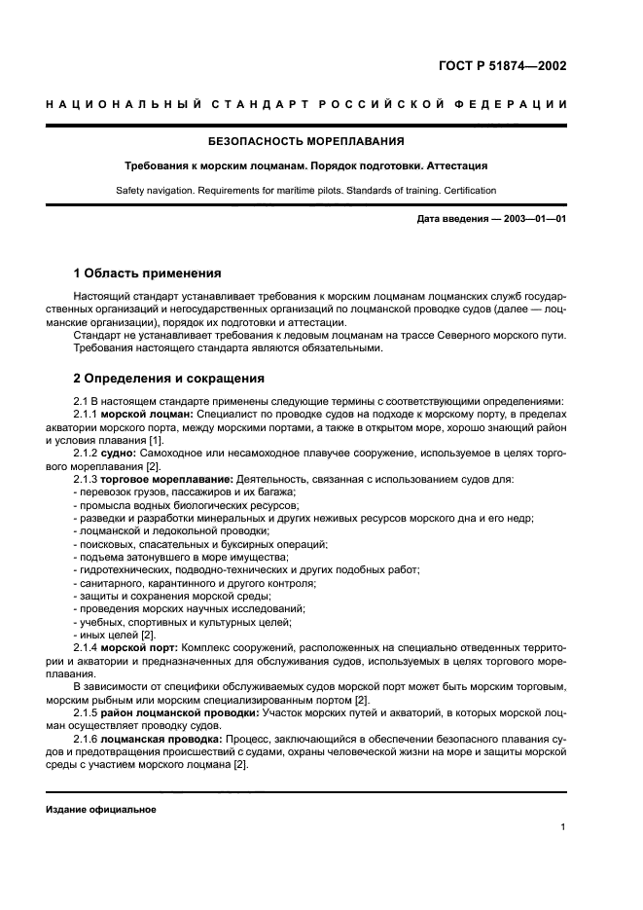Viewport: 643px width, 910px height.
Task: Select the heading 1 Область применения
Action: click(148, 273)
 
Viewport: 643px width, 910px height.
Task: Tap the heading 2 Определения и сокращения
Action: click(169, 379)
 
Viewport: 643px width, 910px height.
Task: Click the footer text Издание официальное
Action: click(101, 809)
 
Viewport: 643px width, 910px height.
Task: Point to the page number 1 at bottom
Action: click(563, 828)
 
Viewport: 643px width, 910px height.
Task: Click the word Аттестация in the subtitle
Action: click(455, 165)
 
